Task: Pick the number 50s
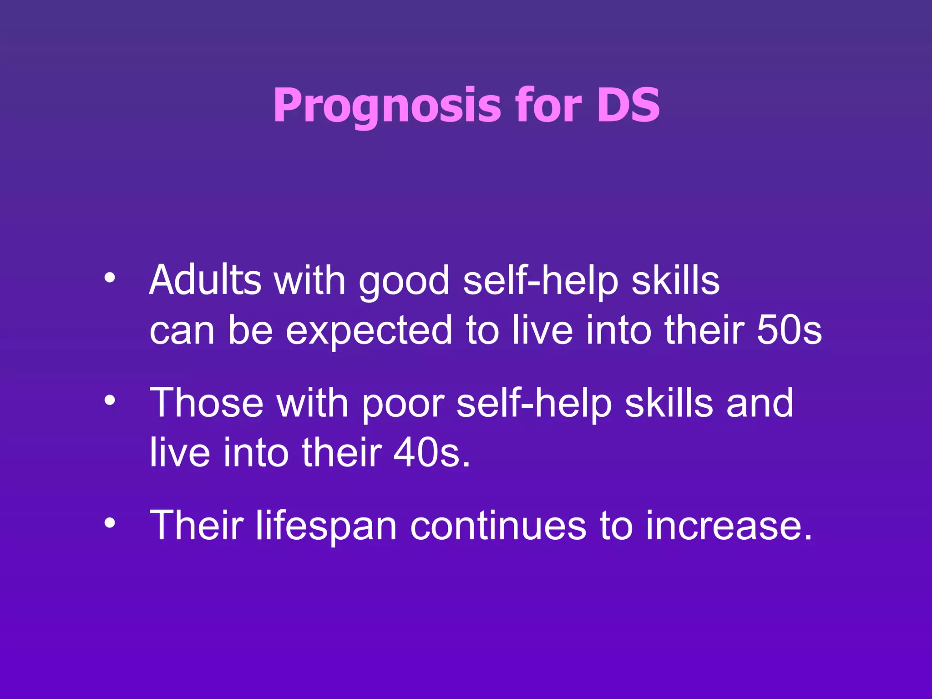coord(789,329)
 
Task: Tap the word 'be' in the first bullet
coord(250,329)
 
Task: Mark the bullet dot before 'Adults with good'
coord(109,278)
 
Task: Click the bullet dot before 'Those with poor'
coord(109,400)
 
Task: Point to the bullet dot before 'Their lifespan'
coord(109,523)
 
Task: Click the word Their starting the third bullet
coord(197,526)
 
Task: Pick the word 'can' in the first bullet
coord(182,331)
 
